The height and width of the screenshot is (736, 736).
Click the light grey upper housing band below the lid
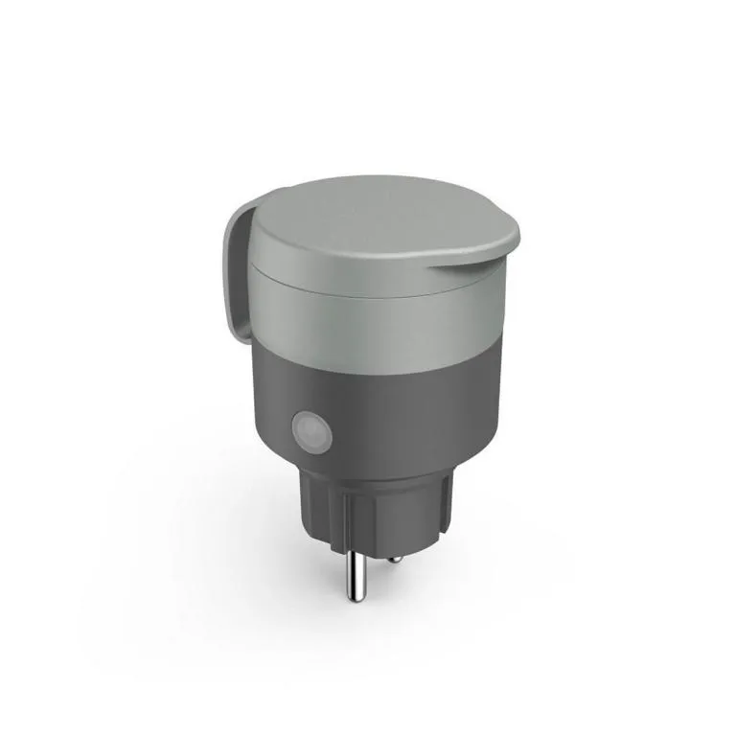[383, 316]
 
